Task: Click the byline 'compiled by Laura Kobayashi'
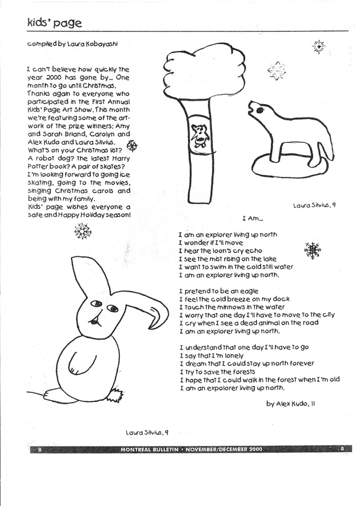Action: [x=75, y=44]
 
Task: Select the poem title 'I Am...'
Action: [x=251, y=217]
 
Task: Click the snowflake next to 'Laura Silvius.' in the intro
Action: [x=130, y=145]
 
